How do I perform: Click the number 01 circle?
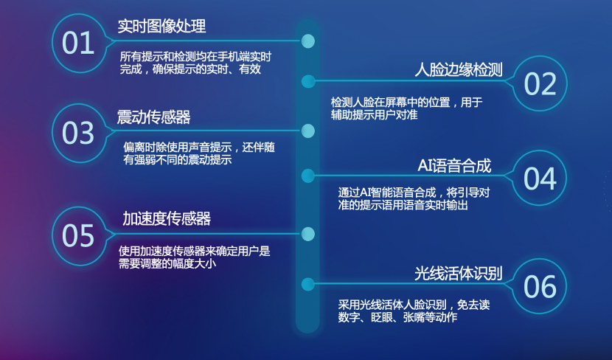[x=79, y=43]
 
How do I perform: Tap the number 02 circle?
[x=540, y=83]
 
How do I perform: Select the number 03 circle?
[x=79, y=133]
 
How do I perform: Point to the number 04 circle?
[x=540, y=178]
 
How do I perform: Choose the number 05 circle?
[x=79, y=236]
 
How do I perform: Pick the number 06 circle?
[x=540, y=286]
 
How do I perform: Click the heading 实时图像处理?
[x=161, y=26]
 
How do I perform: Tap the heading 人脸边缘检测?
[x=459, y=70]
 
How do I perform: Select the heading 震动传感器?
[x=154, y=117]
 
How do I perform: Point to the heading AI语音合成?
[x=454, y=166]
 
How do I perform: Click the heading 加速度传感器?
[x=167, y=218]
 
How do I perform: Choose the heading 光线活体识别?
[x=458, y=274]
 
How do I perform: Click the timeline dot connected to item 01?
[x=308, y=41]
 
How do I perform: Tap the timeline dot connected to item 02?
[x=308, y=82]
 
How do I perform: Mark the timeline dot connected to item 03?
[x=308, y=131]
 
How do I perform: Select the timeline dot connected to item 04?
[x=308, y=176]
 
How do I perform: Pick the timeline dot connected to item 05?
[x=308, y=235]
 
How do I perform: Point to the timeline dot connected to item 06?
[x=308, y=284]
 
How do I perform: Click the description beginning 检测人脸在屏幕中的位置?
[x=407, y=108]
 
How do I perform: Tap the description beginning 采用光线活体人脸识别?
[x=414, y=311]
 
